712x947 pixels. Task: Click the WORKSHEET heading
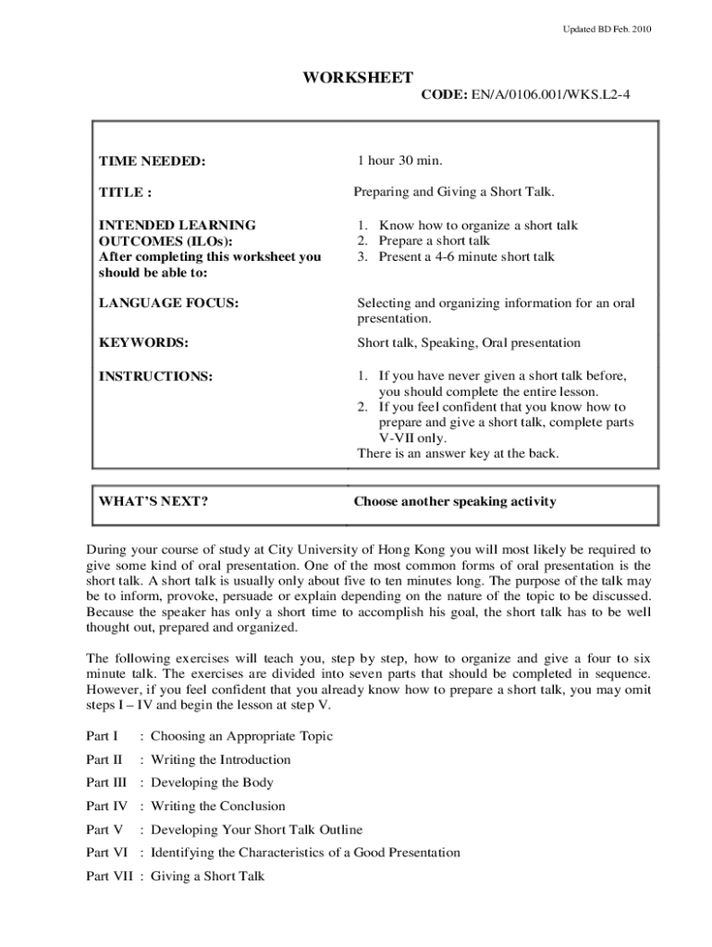point(357,78)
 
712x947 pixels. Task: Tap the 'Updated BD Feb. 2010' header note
point(608,30)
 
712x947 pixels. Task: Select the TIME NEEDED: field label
point(152,162)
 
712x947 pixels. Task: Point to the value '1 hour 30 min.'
point(400,161)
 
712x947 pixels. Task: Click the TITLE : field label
point(125,193)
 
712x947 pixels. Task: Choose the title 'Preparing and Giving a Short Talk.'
point(453,192)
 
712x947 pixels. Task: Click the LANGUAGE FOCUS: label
point(168,303)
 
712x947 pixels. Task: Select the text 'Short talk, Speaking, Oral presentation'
point(469,343)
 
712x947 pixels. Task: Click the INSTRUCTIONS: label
point(155,376)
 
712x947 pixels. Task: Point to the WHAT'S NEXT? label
point(153,502)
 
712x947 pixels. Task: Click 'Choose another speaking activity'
point(455,502)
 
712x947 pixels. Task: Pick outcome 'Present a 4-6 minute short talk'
point(466,257)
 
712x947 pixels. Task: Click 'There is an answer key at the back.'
point(458,453)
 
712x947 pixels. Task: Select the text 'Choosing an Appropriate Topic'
point(241,736)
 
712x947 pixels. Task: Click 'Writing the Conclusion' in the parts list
point(218,806)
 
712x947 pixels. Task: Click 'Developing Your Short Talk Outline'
point(256,830)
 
